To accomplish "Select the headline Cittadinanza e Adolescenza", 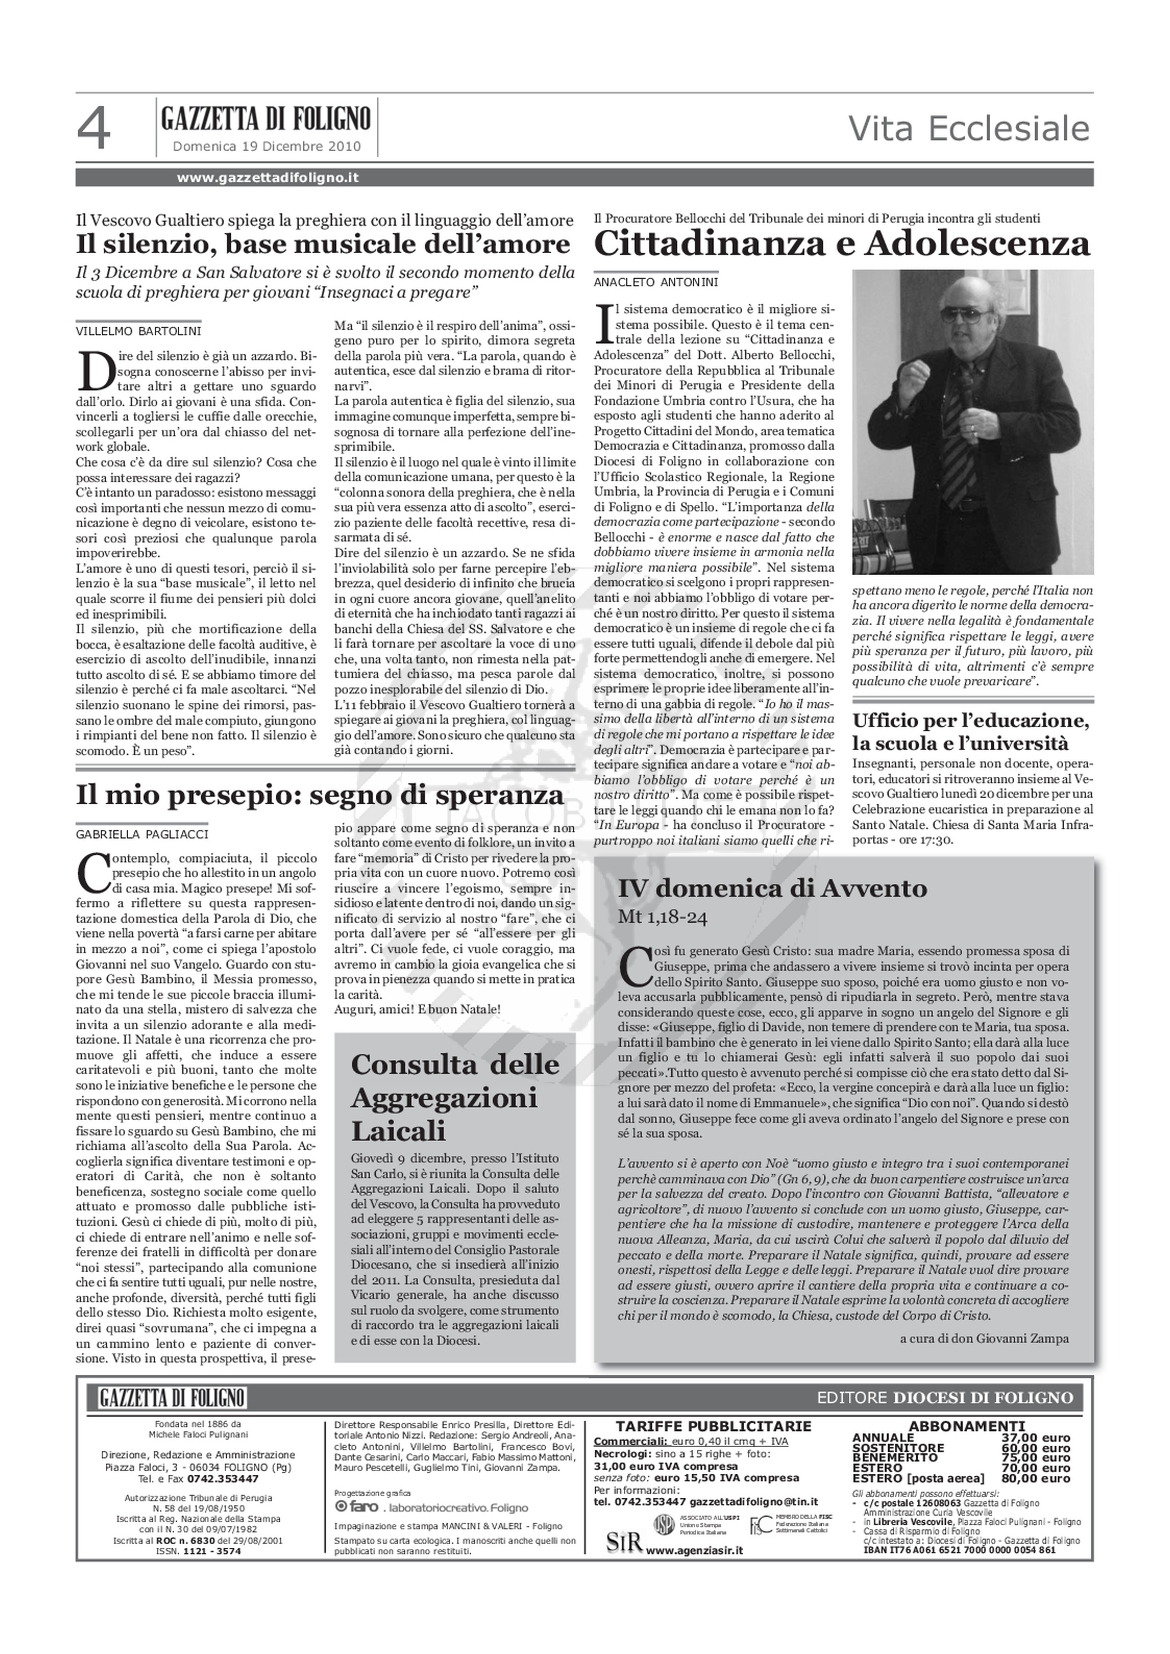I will tap(841, 244).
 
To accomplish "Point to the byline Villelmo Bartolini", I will tap(139, 331).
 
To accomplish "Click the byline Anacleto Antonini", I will tap(656, 283).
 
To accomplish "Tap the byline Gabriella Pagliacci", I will tap(142, 834).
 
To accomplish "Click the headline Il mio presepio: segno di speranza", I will tap(320, 795).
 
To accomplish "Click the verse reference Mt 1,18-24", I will tap(663, 918).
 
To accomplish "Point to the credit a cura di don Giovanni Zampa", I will tap(984, 1339).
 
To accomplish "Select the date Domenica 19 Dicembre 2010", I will tap(267, 147).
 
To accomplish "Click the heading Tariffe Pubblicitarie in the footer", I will tap(713, 1426).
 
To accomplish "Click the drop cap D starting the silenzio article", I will tap(95, 370).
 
